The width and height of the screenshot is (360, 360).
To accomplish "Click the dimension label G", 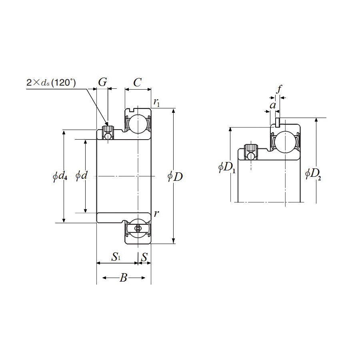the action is point(102,82).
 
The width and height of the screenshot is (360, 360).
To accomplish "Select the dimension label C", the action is point(137,82).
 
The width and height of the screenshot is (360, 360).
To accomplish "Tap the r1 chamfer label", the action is point(156,102).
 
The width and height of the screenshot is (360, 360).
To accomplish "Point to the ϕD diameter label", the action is point(175,176).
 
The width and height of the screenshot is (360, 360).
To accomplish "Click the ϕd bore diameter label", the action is point(82,176).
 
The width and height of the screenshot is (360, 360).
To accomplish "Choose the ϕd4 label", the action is point(60,176).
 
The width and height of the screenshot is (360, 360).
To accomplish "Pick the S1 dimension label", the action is point(116,257).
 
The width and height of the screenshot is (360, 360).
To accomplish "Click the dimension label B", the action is point(123,278).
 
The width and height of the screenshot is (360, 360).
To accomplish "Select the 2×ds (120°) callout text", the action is point(51,82).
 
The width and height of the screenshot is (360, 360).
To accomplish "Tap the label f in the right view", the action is point(279,89).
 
